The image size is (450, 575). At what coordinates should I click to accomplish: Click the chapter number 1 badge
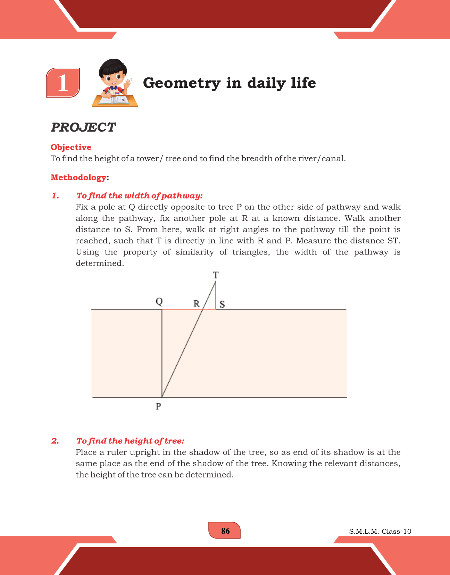pos(63,83)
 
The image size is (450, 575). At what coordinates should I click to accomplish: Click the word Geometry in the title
pos(182,83)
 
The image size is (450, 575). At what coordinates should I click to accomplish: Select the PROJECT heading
pos(83,127)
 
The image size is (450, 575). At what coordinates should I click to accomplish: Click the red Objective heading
pos(71,147)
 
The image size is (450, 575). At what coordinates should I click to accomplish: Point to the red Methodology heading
pos(78,177)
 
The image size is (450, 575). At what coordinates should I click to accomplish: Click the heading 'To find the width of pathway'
pos(139,196)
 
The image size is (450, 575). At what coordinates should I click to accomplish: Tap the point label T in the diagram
pos(216,275)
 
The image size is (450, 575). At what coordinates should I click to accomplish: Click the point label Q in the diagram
pos(159,301)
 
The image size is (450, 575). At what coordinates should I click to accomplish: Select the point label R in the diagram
pos(197,304)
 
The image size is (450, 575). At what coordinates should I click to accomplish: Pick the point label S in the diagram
pos(222,305)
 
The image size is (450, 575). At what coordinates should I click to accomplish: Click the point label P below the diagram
pos(158,406)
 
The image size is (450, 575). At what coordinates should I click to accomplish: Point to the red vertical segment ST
pos(216,295)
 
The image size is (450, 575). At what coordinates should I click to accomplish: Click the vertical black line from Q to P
pos(162,354)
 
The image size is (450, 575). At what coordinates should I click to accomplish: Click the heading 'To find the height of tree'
pos(130,441)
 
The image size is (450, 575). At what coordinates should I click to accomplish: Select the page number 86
pos(225,531)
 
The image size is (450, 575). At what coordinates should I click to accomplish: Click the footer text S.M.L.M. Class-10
pos(380,532)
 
